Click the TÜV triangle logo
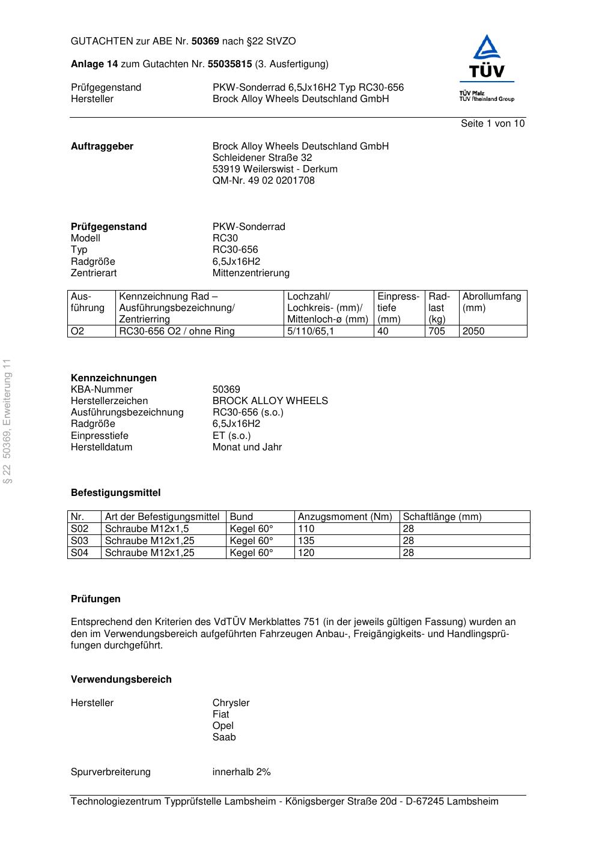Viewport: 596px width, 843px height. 486,57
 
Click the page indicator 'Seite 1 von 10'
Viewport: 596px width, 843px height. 492,124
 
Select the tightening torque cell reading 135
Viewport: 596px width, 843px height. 306,541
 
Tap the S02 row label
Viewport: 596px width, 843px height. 80,529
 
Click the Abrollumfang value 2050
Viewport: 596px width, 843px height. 473,331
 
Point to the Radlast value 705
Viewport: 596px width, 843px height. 437,331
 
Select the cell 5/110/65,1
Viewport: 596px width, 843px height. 310,331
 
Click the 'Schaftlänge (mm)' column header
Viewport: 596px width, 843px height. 442,517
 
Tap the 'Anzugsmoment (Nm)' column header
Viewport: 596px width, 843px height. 345,517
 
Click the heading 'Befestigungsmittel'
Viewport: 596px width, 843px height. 115,493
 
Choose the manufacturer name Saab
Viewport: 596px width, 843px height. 224,737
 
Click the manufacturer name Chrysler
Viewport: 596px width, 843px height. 231,703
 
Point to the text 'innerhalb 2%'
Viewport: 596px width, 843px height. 242,772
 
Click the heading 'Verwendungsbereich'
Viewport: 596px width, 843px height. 121,680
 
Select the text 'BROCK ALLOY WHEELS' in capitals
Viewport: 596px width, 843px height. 270,401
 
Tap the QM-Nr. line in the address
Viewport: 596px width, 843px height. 263,181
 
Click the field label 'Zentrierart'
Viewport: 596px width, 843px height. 94,273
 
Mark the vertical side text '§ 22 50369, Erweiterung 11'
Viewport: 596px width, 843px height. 7,420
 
